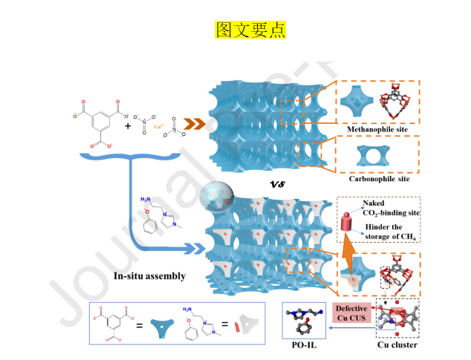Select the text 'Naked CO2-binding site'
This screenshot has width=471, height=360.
point(390,208)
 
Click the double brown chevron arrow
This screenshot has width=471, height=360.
point(195,124)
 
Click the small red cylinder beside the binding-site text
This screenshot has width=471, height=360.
point(348,222)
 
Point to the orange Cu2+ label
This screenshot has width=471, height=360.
point(158,127)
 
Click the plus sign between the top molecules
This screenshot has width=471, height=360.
point(128,126)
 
